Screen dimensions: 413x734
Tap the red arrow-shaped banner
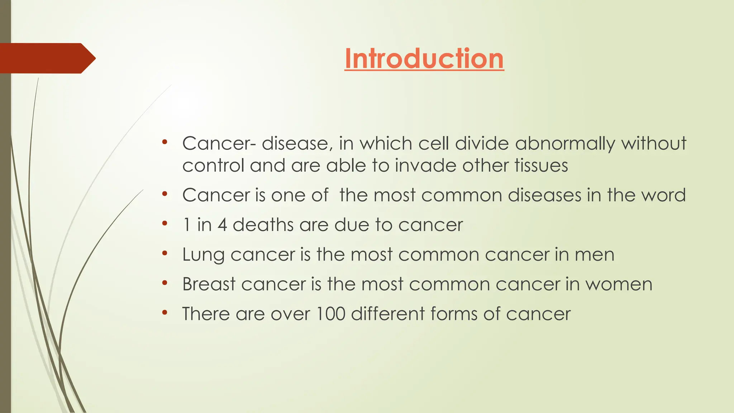[47, 58]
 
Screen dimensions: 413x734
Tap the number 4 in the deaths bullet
[222, 225]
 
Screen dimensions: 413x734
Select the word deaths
[263, 225]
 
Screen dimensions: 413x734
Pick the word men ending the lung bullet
[595, 255]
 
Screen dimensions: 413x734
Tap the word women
[619, 284]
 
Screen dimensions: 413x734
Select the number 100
[330, 314]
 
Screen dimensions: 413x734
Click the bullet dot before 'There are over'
[165, 313]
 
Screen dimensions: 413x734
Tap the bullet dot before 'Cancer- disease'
[165, 142]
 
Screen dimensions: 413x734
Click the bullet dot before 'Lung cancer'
[165, 253]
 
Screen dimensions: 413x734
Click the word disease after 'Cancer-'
[295, 143]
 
